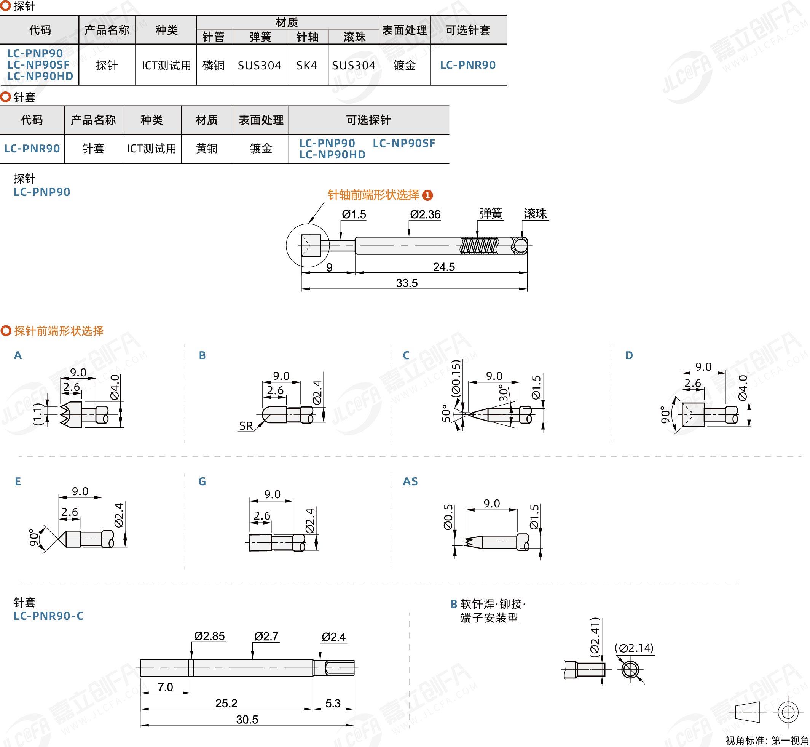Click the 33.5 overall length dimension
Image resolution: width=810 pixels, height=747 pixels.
click(407, 283)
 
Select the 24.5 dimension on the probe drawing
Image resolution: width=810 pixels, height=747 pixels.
click(443, 267)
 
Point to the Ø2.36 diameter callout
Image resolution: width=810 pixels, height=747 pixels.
click(425, 214)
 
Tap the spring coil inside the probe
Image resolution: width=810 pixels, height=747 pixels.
click(479, 246)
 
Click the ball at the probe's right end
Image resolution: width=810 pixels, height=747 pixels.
click(520, 246)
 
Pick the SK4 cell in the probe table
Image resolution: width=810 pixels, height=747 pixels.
click(307, 65)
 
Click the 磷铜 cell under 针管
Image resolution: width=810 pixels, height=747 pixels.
click(213, 65)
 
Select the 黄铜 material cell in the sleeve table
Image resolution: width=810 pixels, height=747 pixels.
click(207, 148)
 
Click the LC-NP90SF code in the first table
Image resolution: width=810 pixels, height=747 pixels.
click(38, 65)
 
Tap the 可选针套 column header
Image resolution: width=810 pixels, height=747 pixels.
click(468, 29)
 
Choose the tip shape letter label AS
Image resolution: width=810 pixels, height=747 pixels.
click(410, 481)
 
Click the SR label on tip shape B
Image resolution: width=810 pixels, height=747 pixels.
click(246, 425)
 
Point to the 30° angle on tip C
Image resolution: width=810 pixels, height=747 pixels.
click(503, 393)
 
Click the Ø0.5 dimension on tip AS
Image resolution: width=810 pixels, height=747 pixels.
click(448, 517)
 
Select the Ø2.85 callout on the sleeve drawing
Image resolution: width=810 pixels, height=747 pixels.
click(209, 636)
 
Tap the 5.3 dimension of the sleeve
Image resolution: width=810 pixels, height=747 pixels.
click(333, 703)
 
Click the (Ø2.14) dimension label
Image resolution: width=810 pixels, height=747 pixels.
click(634, 648)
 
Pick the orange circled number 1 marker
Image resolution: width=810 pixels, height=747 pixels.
click(427, 195)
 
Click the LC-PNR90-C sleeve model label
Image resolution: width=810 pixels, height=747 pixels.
click(48, 616)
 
